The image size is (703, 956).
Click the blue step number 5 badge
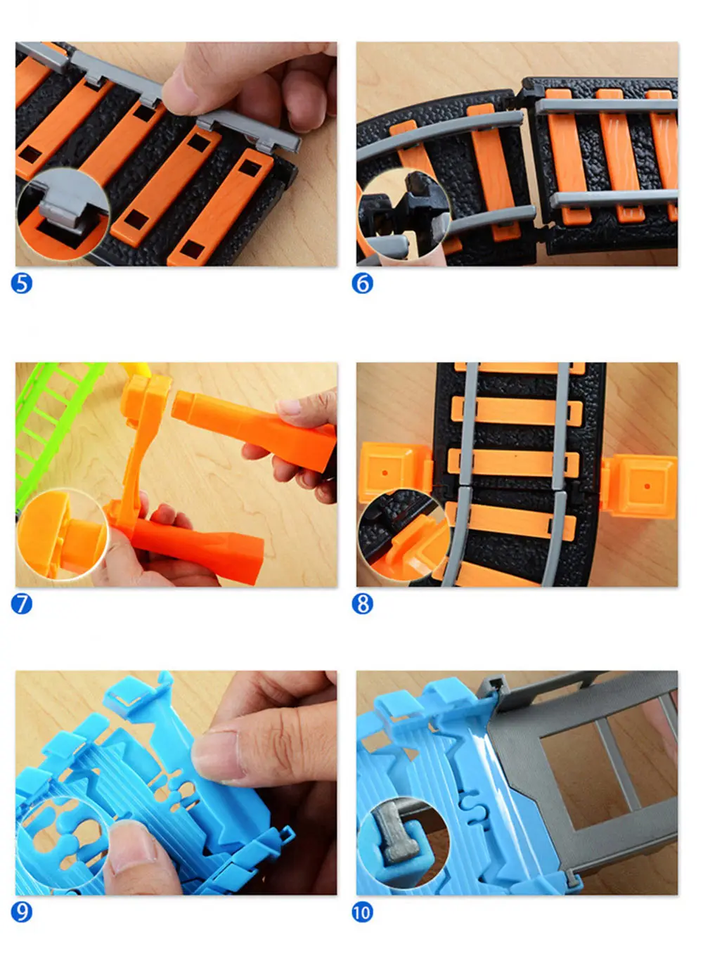click(x=22, y=284)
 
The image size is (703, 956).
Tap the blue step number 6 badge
click(x=362, y=284)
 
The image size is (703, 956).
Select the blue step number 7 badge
click(x=22, y=605)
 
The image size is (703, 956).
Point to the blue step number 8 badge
click(x=362, y=605)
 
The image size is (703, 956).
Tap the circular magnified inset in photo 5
click(x=63, y=215)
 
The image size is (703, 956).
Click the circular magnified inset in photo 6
click(x=404, y=215)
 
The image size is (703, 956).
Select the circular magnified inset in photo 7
click(x=63, y=535)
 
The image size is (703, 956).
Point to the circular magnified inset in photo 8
click(x=404, y=535)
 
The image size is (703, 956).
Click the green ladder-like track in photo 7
click(x=51, y=422)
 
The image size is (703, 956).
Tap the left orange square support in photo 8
click(x=396, y=472)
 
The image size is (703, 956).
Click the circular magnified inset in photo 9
click(x=63, y=844)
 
